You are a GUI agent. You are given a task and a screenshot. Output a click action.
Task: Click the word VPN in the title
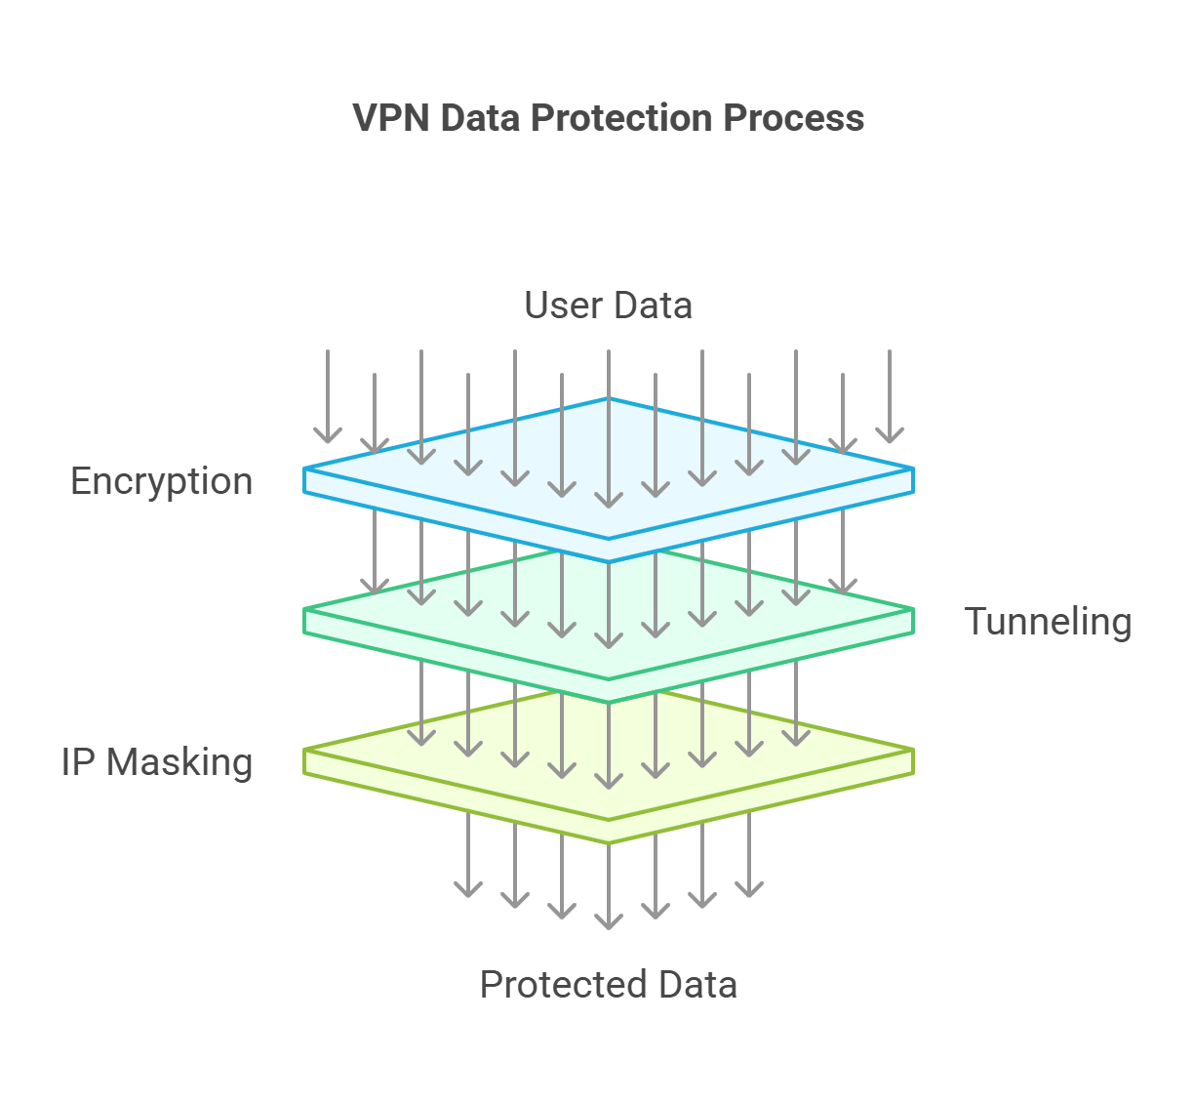pyautogui.click(x=391, y=118)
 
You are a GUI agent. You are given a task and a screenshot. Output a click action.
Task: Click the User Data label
pyautogui.click(x=608, y=306)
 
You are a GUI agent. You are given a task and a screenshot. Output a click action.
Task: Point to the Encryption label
pyautogui.click(x=162, y=481)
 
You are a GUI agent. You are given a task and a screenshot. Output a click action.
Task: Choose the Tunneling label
pyautogui.click(x=1048, y=622)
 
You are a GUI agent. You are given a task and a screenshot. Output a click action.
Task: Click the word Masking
pyautogui.click(x=179, y=762)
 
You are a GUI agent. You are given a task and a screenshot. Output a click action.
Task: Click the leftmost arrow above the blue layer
pyautogui.click(x=328, y=395)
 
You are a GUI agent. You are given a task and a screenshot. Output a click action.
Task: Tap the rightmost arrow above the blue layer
pyautogui.click(x=890, y=395)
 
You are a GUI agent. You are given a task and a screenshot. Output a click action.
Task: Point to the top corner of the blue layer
pyautogui.click(x=609, y=399)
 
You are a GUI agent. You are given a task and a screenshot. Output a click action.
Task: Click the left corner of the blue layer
pyautogui.click(x=305, y=469)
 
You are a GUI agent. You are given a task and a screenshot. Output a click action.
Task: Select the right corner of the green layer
pyautogui.click(x=912, y=610)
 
